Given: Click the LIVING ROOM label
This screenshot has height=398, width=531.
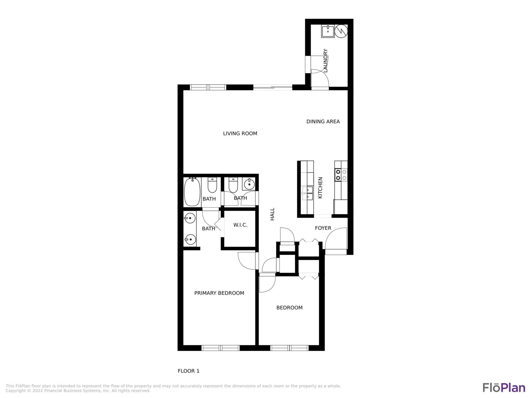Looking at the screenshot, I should click(240, 133).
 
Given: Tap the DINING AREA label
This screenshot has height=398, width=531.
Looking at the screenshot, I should click(323, 121).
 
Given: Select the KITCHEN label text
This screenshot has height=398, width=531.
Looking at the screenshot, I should click(320, 188).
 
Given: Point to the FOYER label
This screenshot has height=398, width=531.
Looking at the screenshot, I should click(323, 228).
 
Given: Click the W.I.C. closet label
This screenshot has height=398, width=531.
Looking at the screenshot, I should click(240, 225).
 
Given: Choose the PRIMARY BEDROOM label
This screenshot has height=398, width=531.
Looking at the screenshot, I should click(219, 293).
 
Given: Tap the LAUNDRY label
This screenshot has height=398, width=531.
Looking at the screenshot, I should click(326, 61).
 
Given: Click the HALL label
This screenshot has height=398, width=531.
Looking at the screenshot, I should click(272, 214).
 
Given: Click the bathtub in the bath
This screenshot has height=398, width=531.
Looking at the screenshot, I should click(192, 192).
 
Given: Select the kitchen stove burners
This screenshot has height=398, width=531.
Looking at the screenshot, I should click(341, 175).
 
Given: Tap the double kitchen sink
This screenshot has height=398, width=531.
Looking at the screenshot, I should click(308, 193).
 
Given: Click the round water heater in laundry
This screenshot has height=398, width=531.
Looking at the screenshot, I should click(341, 31).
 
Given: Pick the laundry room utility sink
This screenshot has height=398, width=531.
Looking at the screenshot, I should click(328, 31).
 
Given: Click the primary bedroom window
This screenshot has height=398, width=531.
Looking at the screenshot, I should click(220, 348).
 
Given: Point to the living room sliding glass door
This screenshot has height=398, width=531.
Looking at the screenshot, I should click(273, 88).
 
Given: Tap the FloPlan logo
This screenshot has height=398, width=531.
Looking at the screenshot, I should click(504, 387).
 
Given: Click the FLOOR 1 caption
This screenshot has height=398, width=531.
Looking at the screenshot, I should click(188, 371).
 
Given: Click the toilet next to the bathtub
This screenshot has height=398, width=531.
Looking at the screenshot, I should click(212, 185).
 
